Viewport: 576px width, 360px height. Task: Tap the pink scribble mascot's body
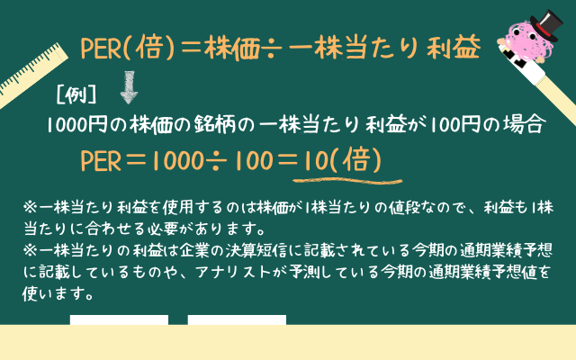click(525, 40)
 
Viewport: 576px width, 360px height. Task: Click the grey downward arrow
click(129, 87)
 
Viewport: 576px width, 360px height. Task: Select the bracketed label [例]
click(76, 95)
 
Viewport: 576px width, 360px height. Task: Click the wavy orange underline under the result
click(347, 181)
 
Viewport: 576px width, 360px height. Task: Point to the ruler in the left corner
click(32, 74)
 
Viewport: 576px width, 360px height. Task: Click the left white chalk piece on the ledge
click(120, 319)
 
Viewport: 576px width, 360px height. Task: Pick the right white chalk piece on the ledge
click(237, 319)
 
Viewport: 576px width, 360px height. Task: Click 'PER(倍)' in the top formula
click(127, 48)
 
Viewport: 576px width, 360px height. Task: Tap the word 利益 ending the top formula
click(454, 47)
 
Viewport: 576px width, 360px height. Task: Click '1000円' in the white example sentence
click(76, 124)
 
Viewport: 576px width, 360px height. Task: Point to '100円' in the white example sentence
click(454, 124)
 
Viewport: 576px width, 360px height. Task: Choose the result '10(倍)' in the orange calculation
click(343, 160)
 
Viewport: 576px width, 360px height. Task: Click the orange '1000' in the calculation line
click(177, 161)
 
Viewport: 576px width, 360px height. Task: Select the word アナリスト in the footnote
click(233, 272)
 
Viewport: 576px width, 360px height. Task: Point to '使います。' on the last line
click(58, 294)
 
